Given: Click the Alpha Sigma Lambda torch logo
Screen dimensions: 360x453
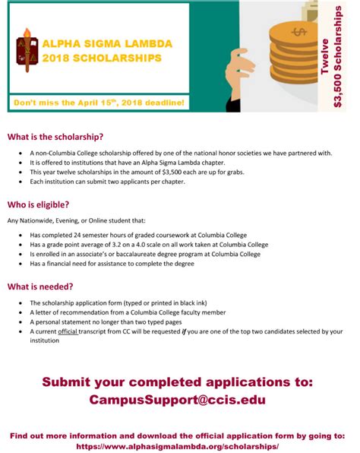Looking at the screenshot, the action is coord(27,49).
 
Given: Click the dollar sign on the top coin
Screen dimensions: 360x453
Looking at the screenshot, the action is coord(297,32).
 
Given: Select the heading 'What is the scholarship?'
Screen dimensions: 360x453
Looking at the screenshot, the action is coord(55,137).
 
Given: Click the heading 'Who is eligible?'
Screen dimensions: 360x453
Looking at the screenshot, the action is coord(39,204).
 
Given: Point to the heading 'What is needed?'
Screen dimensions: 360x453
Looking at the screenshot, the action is coord(41,287).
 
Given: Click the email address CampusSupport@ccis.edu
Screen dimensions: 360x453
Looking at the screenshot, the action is coord(177,399).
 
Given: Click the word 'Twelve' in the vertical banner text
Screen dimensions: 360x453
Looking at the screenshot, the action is coord(325,55).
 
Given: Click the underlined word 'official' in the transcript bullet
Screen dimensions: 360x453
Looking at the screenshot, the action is coord(69,331).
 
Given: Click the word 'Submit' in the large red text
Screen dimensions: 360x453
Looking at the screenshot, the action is coord(74,381).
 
